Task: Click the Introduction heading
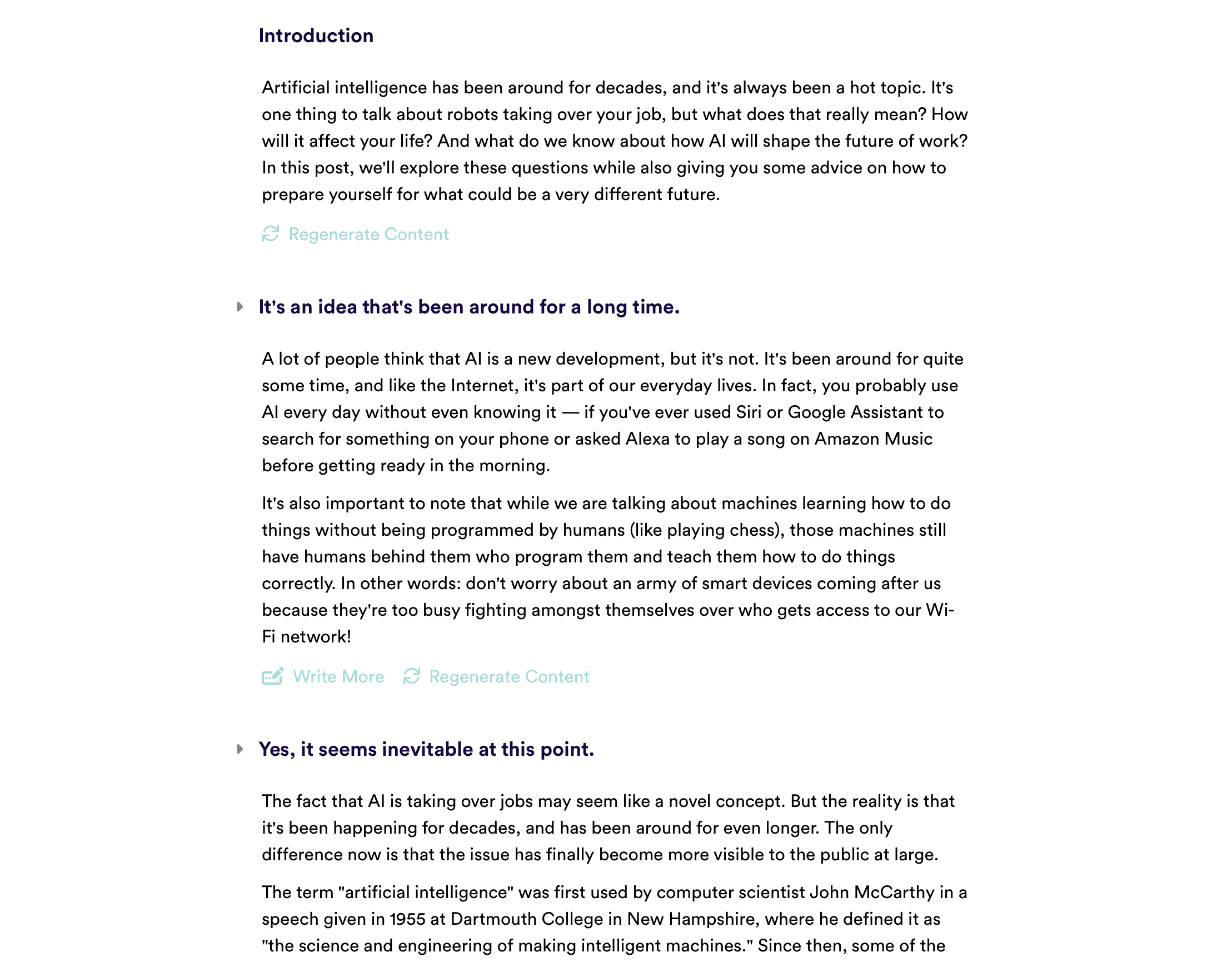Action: (x=316, y=36)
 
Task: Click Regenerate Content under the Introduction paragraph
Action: (x=368, y=234)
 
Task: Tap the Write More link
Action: (x=338, y=676)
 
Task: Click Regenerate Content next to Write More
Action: (x=509, y=676)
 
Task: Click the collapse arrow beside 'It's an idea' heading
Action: (x=240, y=307)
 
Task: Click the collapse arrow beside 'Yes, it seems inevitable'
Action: (x=240, y=749)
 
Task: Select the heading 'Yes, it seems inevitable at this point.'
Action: (x=426, y=749)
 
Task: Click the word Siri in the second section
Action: (x=749, y=412)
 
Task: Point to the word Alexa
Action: (x=647, y=438)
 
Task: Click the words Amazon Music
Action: (x=873, y=438)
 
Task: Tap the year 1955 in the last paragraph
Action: (x=407, y=919)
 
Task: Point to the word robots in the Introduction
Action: (x=472, y=114)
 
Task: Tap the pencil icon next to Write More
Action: (x=272, y=676)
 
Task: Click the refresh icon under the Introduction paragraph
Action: (x=271, y=233)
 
